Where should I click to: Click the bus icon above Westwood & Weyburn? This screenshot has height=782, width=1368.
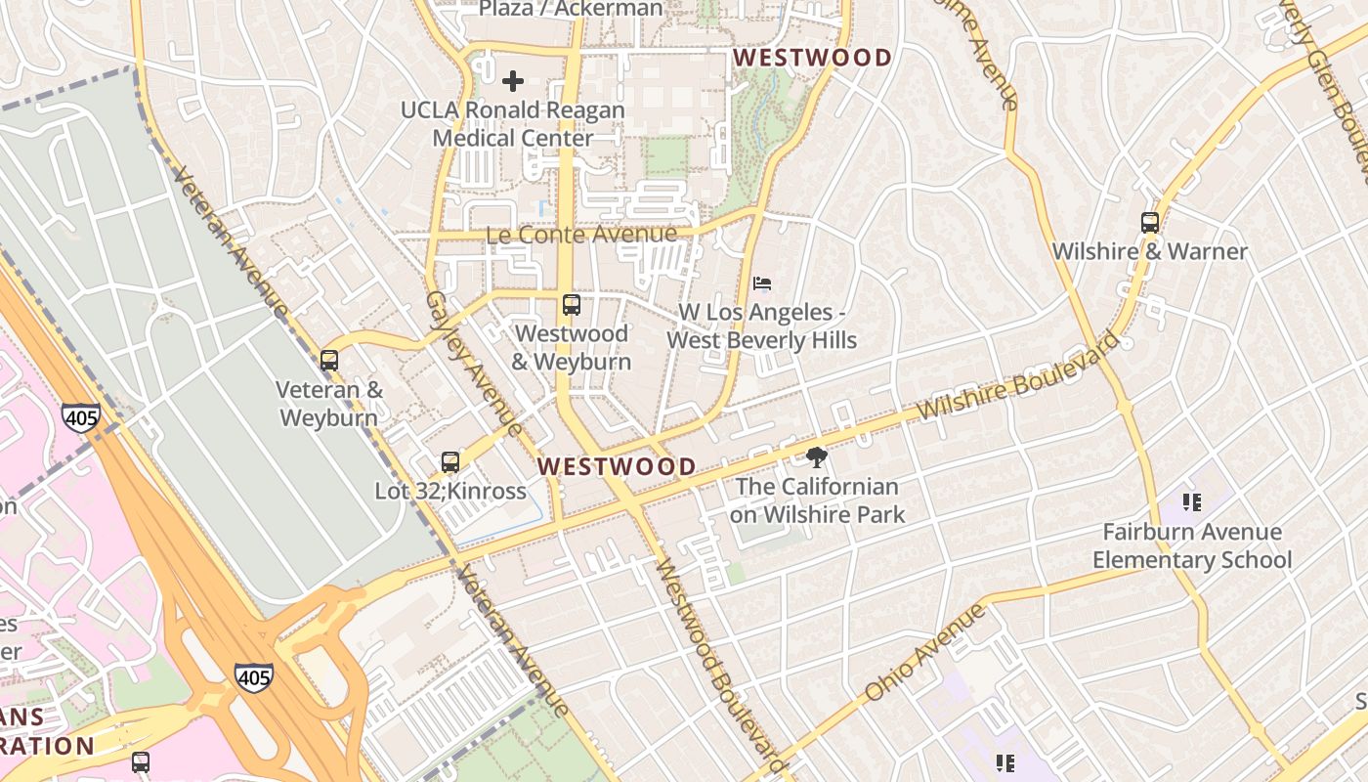(572, 305)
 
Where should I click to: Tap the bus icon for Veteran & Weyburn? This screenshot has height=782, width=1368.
(329, 361)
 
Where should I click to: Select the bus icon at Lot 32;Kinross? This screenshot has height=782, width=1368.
(449, 462)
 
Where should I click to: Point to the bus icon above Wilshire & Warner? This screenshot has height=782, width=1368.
(1149, 223)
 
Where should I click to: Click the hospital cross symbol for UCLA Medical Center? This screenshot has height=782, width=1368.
(512, 81)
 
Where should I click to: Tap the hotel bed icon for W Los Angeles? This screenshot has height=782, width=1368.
(762, 284)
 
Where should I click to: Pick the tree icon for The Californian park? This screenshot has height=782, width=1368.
(816, 457)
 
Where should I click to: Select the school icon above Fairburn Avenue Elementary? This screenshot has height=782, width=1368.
(1191, 502)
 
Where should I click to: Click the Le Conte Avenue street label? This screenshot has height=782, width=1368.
(581, 235)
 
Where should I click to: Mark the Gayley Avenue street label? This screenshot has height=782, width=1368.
(474, 363)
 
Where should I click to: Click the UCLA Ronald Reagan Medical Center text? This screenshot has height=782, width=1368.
(513, 124)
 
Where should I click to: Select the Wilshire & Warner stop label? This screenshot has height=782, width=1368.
(1149, 251)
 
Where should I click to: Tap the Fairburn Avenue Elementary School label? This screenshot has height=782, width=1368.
(1191, 545)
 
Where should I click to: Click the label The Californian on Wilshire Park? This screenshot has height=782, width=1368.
(817, 500)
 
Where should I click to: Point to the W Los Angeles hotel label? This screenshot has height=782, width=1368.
(762, 326)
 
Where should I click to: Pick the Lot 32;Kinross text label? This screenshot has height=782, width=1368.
(450, 491)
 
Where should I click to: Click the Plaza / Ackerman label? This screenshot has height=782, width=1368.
(571, 9)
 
